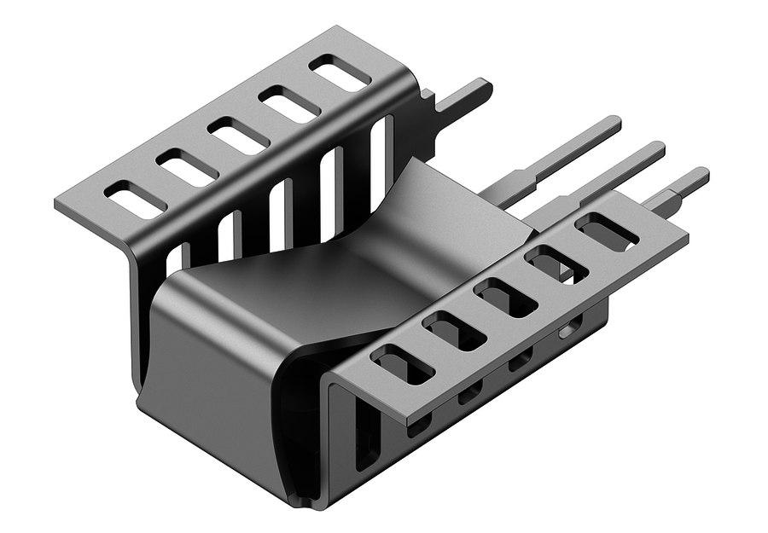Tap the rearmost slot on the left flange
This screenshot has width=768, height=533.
pos(340,73)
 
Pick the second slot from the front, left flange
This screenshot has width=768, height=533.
pos(187,167)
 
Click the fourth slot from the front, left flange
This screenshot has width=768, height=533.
pos(289,104)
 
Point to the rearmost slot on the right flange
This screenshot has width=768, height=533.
pos(607,232)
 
